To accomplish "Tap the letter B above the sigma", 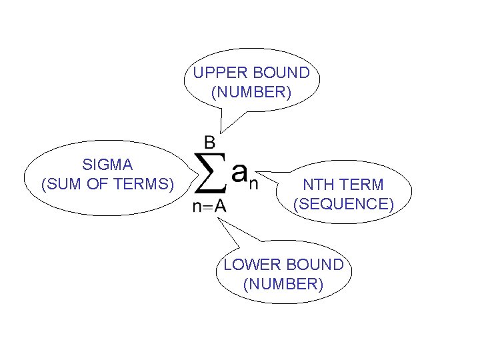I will pyautogui.click(x=209, y=141).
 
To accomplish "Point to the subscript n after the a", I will pyautogui.click(x=253, y=183).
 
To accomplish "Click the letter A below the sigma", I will pyautogui.click(x=220, y=207).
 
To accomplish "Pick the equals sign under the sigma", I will pyautogui.click(x=207, y=207).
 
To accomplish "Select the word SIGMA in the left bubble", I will pyautogui.click(x=107, y=164).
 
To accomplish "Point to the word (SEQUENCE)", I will pyautogui.click(x=344, y=204).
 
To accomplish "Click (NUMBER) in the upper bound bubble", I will pyautogui.click(x=251, y=92).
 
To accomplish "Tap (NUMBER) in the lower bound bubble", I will pyautogui.click(x=283, y=285).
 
